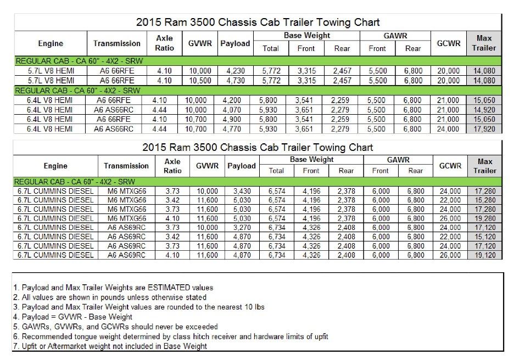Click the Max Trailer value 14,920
pos(483,109)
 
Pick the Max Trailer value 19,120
pos(483,255)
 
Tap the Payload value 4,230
pos(235,71)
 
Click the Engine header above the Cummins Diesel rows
pos(55,166)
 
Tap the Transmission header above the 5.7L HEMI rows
pos(117,43)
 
